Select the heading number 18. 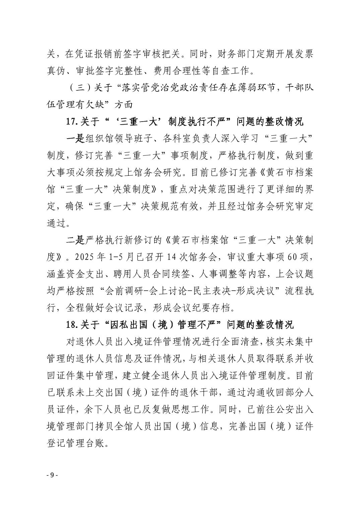[x=72, y=325]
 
